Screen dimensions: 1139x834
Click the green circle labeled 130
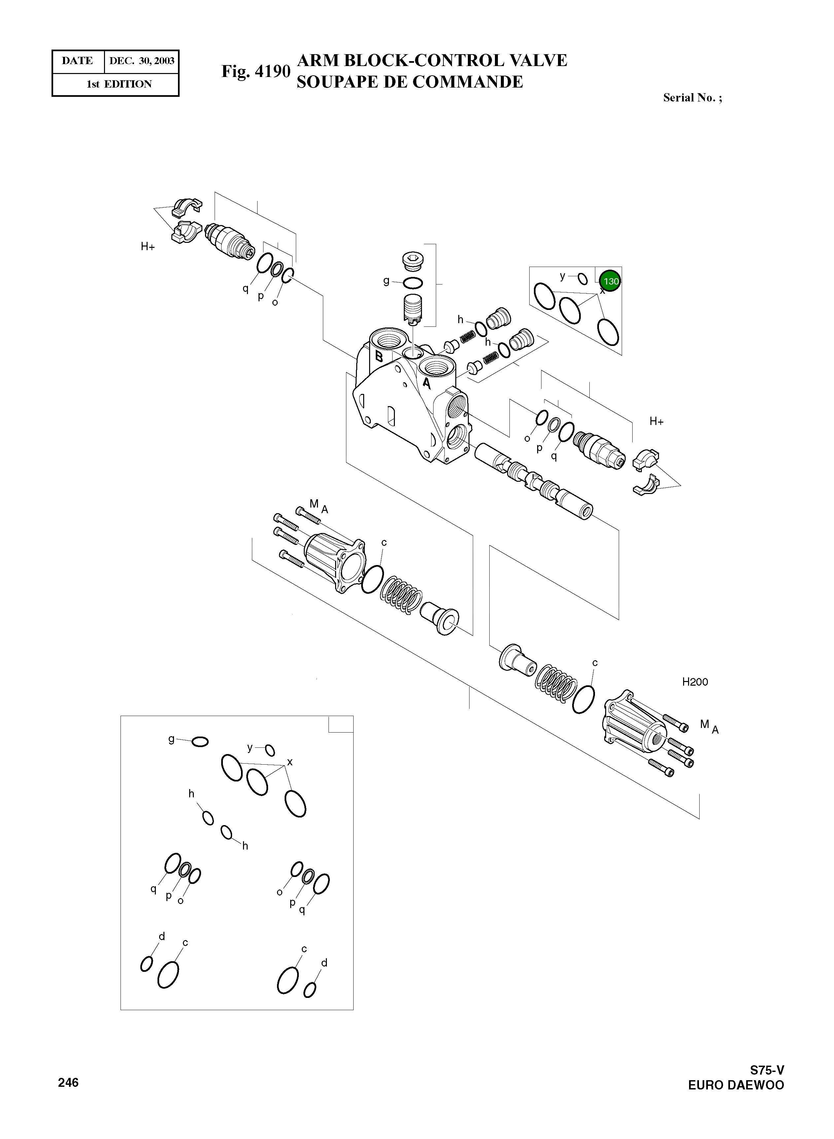[x=610, y=281]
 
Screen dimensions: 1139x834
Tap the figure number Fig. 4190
[x=256, y=71]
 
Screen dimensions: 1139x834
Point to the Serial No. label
[x=692, y=98]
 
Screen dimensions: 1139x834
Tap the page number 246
[x=68, y=1082]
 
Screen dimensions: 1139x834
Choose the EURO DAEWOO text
[x=736, y=1085]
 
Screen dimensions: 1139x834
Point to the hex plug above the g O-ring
[x=413, y=261]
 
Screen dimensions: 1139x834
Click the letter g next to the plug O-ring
[x=386, y=280]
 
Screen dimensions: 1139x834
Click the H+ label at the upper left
[x=148, y=247]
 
